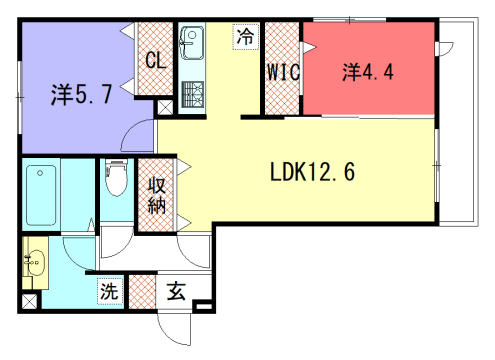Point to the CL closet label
(155, 60)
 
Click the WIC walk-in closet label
(282, 71)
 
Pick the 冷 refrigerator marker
(244, 36)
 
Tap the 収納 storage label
(157, 194)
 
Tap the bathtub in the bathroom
(42, 194)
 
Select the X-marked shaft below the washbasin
(28, 300)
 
